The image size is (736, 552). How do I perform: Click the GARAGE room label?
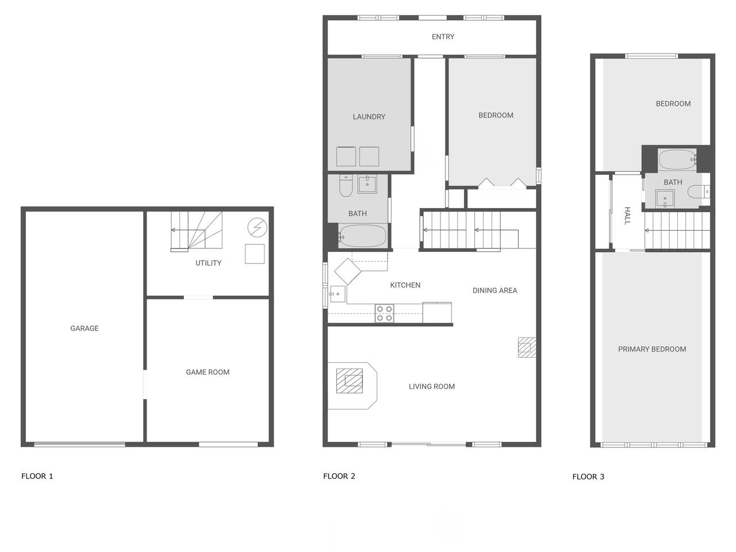[85, 328]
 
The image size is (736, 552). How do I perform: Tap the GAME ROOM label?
[208, 373]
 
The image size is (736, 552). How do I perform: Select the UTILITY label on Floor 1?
[208, 263]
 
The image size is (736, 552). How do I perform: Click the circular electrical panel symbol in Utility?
[257, 228]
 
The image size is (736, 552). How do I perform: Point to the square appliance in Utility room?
[255, 254]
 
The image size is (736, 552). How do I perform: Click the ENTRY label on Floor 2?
[443, 37]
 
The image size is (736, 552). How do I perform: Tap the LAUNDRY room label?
[369, 117]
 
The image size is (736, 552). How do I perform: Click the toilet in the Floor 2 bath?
[346, 186]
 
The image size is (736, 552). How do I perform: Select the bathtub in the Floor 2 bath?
[362, 236]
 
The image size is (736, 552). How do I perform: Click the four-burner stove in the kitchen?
[384, 313]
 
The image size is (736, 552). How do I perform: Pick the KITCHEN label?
[405, 285]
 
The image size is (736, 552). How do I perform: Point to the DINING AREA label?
[494, 290]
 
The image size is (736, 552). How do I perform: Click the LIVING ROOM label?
[432, 387]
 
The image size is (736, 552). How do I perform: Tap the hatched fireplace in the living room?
[350, 381]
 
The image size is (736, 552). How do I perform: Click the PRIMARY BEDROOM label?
[652, 350]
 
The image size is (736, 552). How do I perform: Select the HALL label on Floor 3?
[627, 216]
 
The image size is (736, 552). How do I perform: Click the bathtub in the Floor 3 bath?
[677, 160]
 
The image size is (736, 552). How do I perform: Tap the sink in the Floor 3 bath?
[665, 200]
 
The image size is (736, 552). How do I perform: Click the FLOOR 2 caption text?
[339, 476]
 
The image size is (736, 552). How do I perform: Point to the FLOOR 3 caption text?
[588, 477]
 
